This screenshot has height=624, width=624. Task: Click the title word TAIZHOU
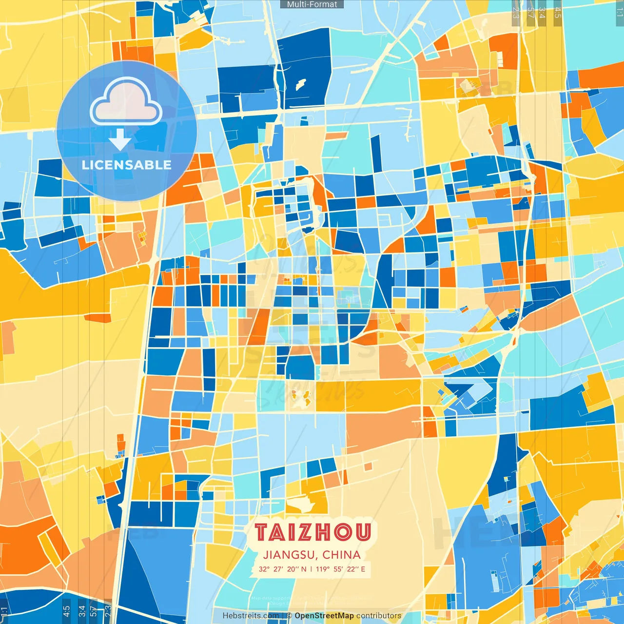coord(312,532)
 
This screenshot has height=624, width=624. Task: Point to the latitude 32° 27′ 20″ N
coord(282,569)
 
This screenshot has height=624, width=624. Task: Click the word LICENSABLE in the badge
coord(127,165)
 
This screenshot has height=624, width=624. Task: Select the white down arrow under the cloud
coord(120,139)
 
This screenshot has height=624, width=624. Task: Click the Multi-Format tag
coord(312,4)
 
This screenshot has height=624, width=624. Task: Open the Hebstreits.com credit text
coord(251,616)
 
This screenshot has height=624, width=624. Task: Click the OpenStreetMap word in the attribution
coord(324,616)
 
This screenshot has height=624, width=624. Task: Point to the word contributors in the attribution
coord(379,616)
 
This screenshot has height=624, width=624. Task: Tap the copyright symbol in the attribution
coord(289,616)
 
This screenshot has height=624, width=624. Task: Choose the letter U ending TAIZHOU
coord(363,532)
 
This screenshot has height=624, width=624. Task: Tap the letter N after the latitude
coord(304,569)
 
